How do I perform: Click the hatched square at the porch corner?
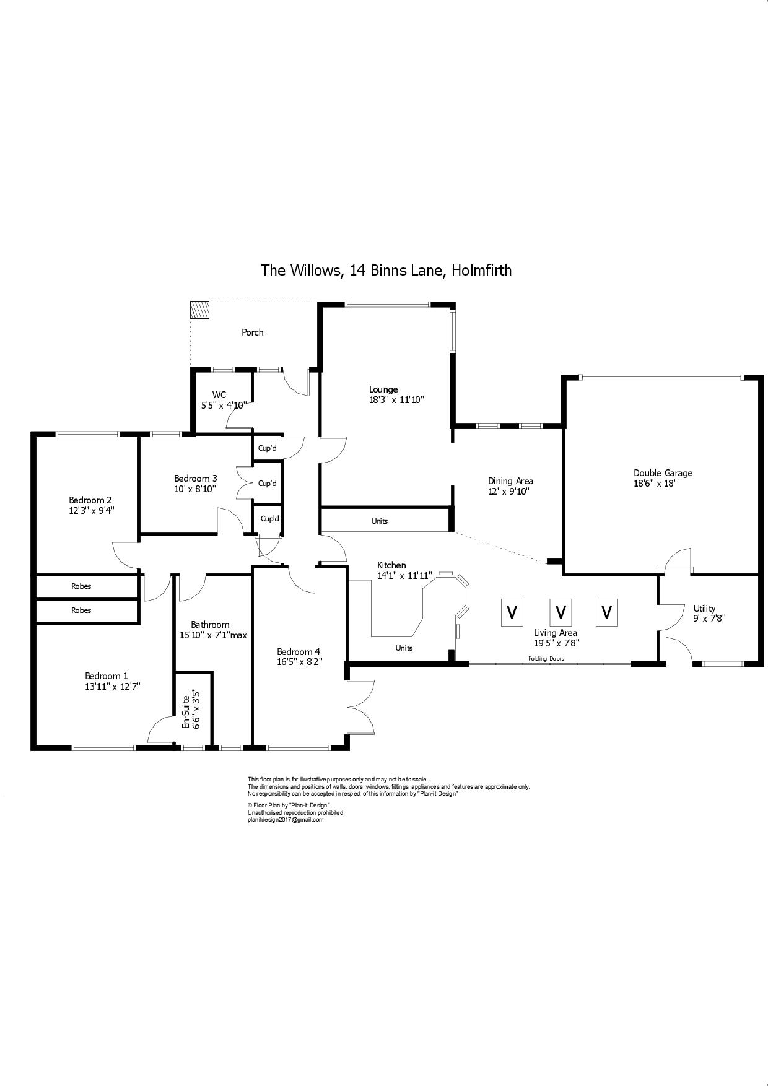tap(200, 310)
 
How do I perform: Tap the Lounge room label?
tap(383, 389)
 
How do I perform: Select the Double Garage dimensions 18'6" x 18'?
tap(662, 483)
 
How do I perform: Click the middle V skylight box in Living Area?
tap(561, 612)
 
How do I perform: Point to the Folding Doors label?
tap(546, 659)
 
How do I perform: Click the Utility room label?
tap(704, 608)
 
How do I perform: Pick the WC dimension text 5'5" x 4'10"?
tap(224, 405)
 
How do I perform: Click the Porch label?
tap(252, 332)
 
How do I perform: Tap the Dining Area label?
tap(510, 481)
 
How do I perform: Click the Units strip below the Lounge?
tap(380, 521)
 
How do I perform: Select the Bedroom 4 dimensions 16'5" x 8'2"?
tap(300, 661)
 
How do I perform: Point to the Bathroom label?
tap(210, 625)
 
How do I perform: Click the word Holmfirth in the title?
tap(481, 270)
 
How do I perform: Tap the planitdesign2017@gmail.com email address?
tap(286, 819)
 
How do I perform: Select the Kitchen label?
tap(391, 565)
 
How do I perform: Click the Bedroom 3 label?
tap(195, 478)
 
